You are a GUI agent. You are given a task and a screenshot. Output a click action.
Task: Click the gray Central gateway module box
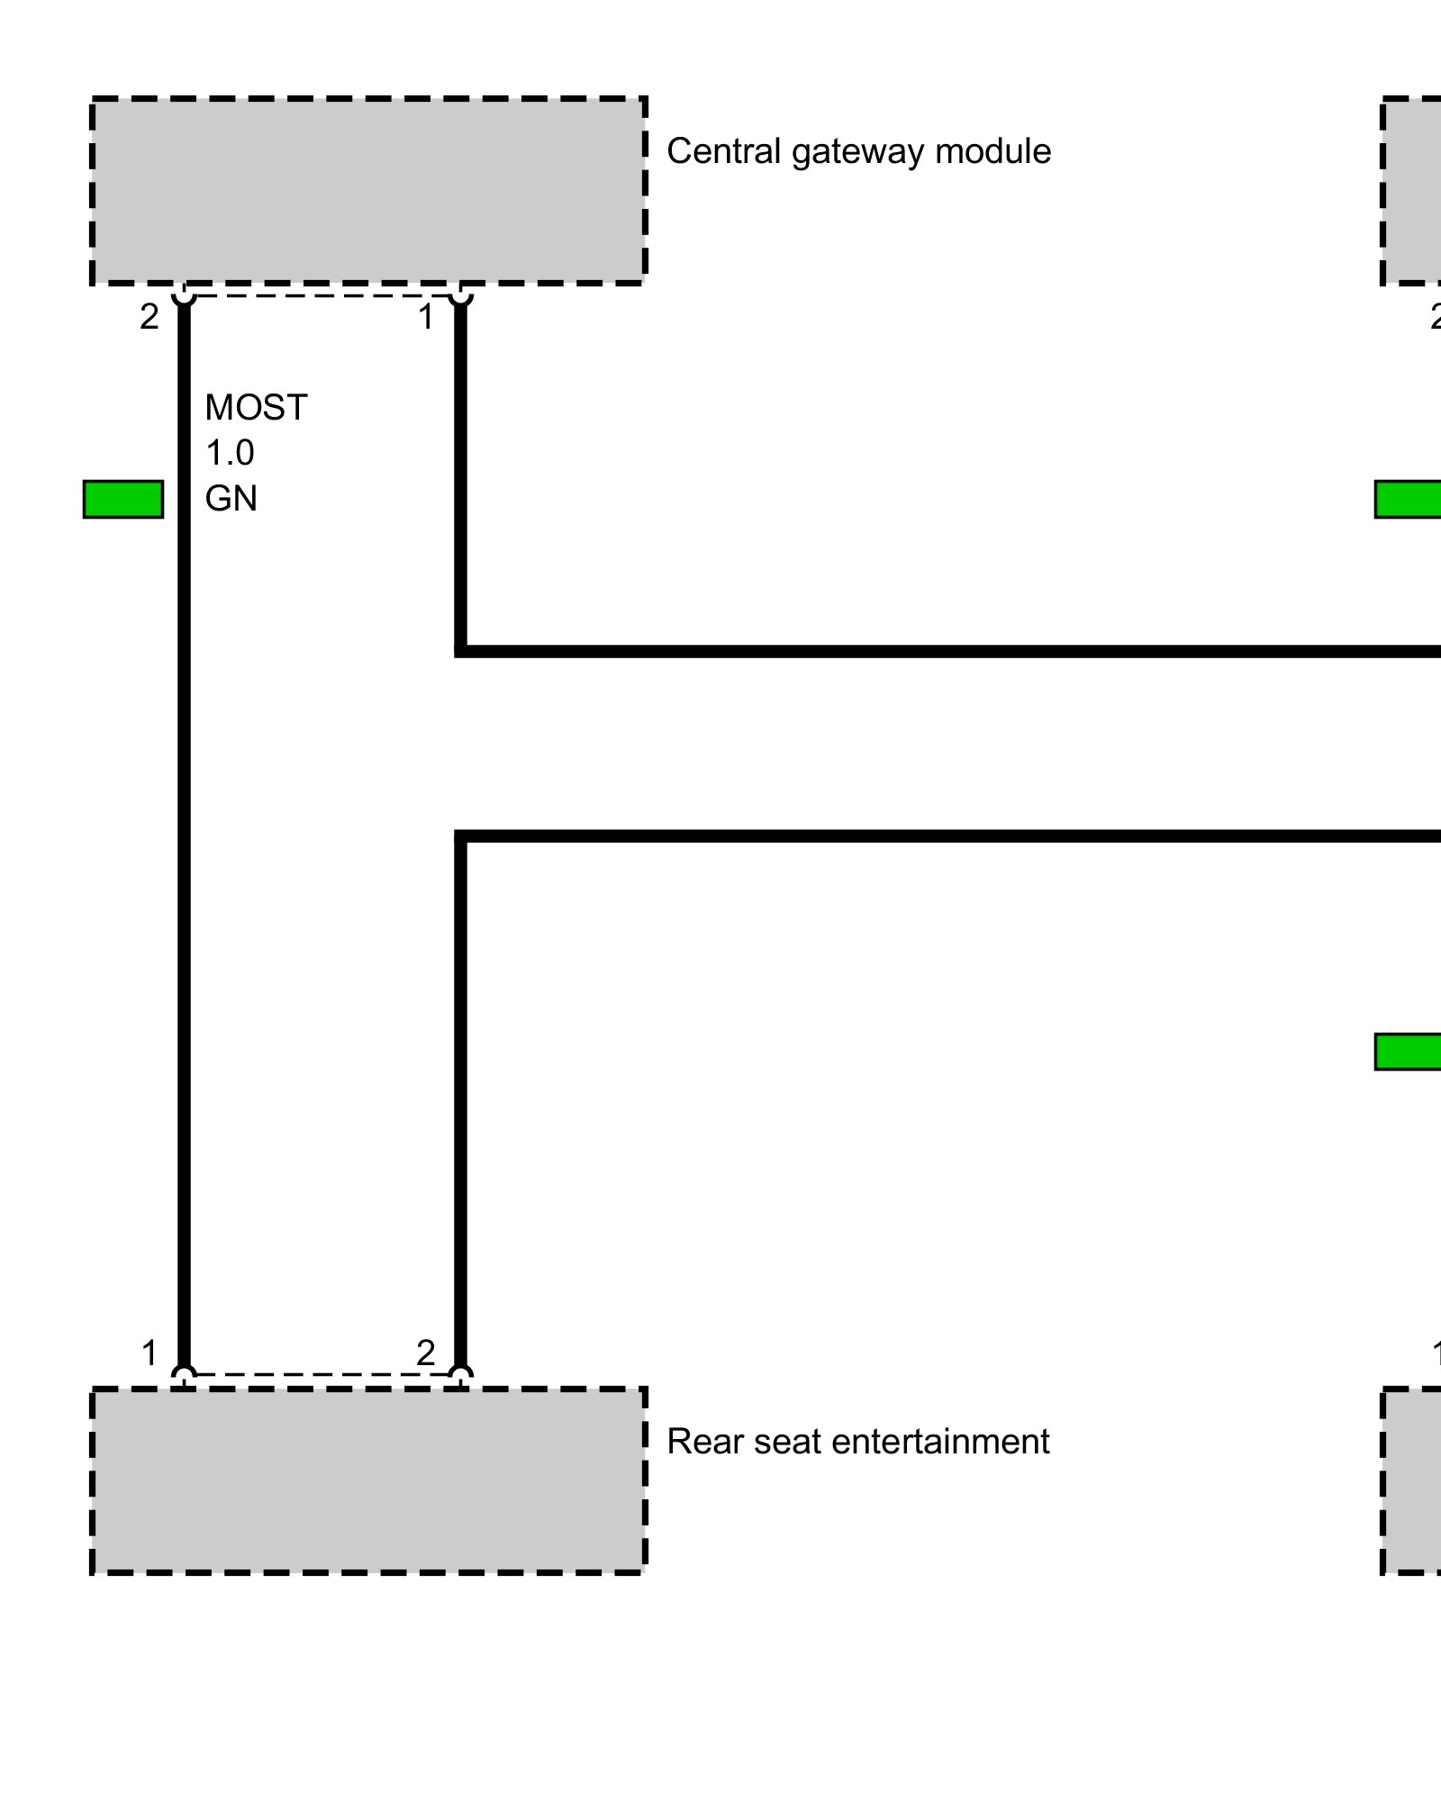368,190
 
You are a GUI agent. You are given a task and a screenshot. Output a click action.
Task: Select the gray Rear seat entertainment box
368,1480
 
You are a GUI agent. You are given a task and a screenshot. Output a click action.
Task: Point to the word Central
723,151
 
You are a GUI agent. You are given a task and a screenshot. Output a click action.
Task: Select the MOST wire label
256,408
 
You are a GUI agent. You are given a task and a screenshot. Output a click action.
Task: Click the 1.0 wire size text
230,453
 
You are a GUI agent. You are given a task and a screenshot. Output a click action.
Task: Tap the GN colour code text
231,499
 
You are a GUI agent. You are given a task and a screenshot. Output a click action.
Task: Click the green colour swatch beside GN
123,499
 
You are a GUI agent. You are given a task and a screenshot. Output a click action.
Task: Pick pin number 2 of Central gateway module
150,317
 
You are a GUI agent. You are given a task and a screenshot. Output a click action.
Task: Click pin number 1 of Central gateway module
426,317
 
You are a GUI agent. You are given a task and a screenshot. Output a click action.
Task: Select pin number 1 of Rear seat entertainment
150,1353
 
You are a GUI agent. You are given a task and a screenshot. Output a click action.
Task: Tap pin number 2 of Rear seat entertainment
426,1353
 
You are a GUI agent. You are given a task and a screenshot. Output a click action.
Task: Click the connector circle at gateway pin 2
184,294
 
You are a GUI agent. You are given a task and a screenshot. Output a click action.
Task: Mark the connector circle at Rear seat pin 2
460,1375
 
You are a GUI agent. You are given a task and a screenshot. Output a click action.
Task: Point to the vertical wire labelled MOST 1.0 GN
184,810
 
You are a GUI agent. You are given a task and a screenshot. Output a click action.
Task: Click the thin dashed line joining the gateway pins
322,294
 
